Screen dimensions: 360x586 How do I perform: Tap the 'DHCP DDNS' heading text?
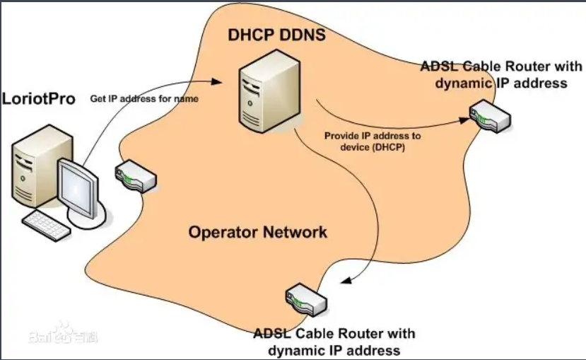276,33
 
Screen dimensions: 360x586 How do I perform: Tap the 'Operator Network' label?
257,232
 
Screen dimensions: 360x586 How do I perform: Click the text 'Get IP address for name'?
144,99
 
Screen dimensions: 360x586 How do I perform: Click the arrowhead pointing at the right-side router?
465,120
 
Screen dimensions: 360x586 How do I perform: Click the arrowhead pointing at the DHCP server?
228,82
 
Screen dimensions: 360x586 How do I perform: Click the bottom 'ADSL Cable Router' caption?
334,341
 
